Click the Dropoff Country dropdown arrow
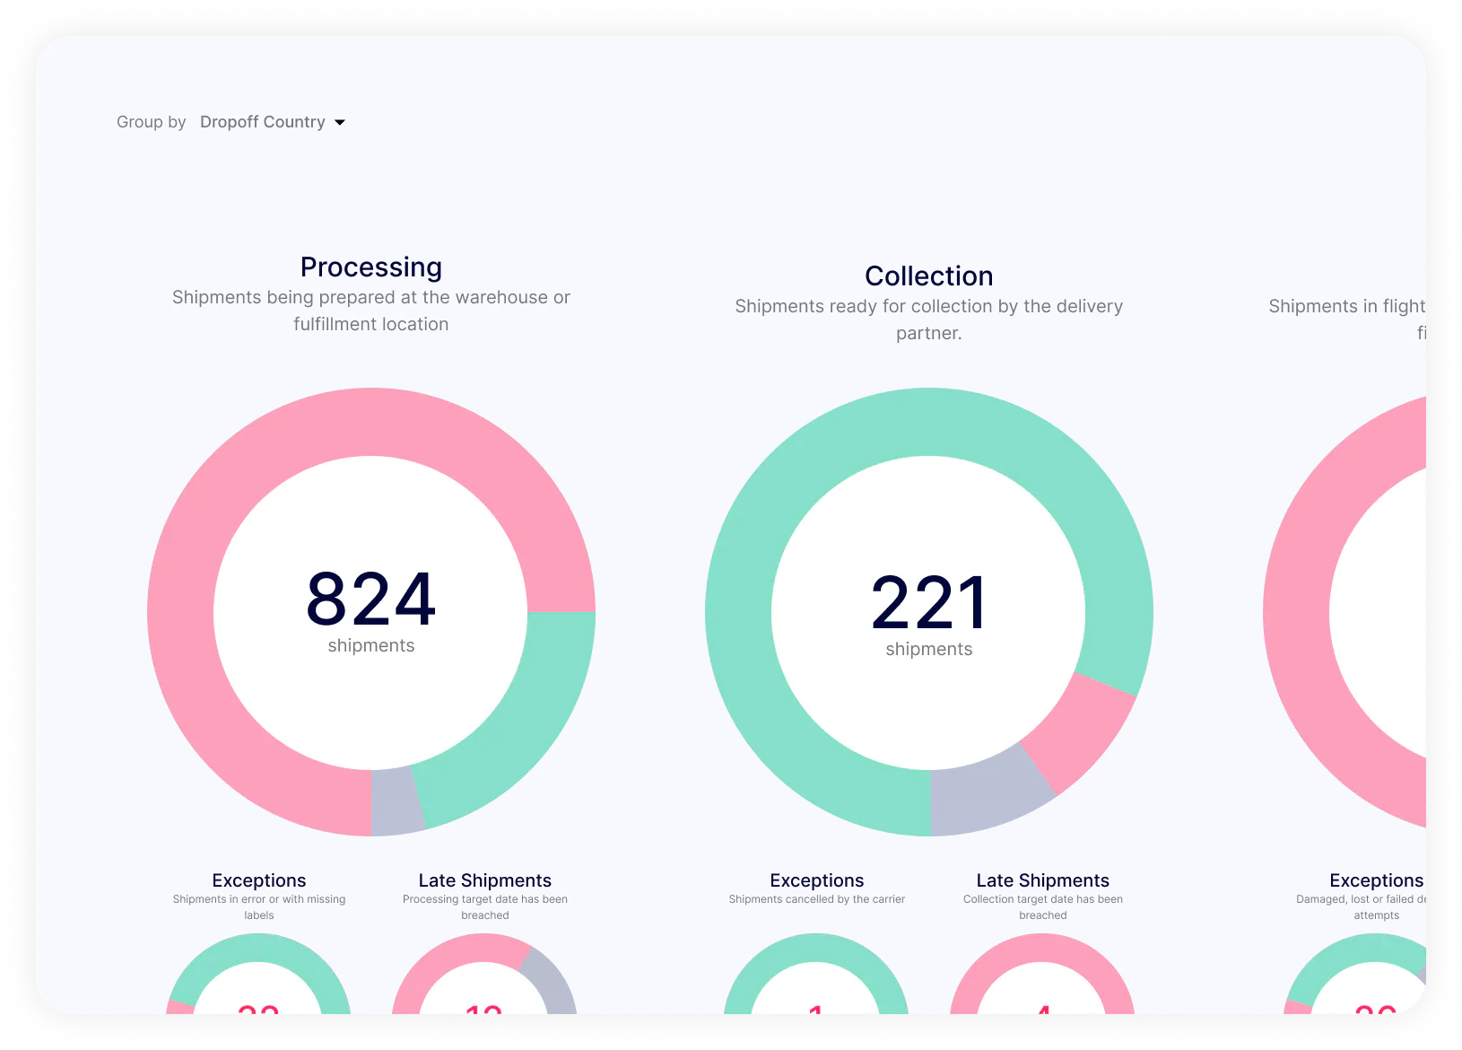[340, 123]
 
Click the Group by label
[151, 122]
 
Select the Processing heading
[370, 267]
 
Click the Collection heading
[928, 276]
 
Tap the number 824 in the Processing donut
[370, 599]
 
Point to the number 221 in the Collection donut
[928, 602]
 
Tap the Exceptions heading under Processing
[259, 880]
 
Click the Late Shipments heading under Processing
[484, 880]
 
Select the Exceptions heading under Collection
[816, 880]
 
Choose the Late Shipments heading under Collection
[1042, 880]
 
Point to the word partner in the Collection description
[927, 334]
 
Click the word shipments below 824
[370, 646]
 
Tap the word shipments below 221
[928, 650]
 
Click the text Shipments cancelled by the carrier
[816, 899]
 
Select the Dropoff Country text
[262, 122]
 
